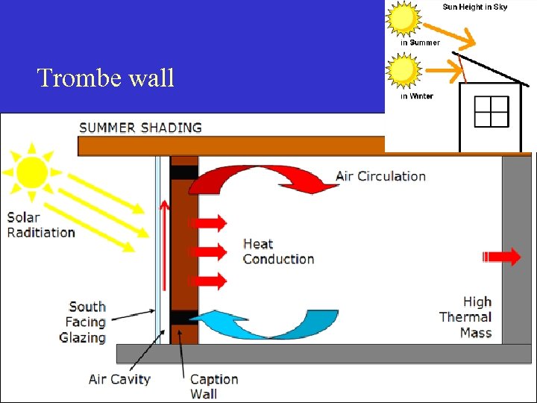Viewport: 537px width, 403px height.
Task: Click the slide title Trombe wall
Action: (105, 77)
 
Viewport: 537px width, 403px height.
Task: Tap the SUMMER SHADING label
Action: (140, 127)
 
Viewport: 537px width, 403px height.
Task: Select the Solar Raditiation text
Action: (41, 225)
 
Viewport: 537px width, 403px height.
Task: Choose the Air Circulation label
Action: (380, 176)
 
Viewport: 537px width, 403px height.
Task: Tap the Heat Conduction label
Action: (278, 252)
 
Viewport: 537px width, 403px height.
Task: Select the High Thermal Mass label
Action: (466, 317)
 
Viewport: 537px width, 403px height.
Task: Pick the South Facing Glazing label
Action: (83, 322)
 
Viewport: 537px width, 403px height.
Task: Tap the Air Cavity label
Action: (119, 379)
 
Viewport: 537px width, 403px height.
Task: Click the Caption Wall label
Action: (214, 386)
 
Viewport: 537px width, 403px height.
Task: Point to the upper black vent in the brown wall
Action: (184, 172)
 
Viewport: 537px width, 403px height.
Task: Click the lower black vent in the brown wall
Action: (183, 317)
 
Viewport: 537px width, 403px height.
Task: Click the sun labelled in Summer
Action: (403, 18)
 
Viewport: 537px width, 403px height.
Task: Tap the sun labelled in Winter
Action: (403, 72)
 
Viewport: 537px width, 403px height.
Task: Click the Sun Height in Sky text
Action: (474, 7)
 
